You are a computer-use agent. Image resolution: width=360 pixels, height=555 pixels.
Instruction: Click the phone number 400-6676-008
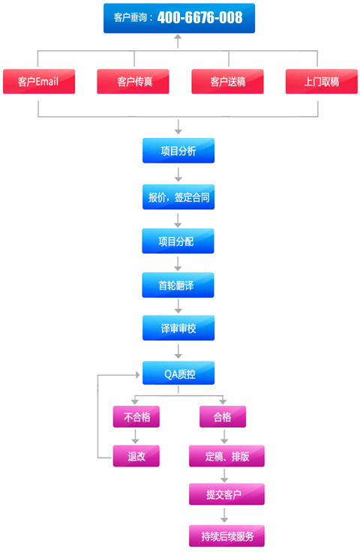pos(199,17)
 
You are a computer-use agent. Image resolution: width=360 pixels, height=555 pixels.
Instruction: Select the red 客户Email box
pos(38,82)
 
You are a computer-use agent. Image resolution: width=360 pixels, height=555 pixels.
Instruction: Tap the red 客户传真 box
pos(133,82)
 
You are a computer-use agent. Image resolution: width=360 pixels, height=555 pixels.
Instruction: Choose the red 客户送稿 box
pos(228,82)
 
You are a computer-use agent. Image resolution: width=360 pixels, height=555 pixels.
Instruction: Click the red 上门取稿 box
pos(322,82)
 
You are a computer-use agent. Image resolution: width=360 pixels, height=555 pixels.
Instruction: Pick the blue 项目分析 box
pos(178,151)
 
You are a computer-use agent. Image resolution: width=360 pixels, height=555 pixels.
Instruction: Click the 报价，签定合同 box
pos(178,198)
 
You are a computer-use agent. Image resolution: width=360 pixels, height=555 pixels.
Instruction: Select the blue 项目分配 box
pos(178,241)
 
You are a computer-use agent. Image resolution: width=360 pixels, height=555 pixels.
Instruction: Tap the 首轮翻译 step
pos(178,285)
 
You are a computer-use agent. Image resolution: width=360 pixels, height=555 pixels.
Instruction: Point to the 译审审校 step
pos(178,328)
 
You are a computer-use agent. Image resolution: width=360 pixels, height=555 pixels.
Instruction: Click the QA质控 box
pos(178,373)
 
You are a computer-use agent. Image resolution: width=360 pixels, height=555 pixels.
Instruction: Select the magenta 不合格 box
pos(136,417)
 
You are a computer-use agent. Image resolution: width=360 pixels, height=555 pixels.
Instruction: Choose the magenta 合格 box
pos(223,417)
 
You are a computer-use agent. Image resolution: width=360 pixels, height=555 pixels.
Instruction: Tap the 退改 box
pos(136,456)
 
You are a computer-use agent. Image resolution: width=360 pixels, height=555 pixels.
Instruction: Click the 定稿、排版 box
pos(226,456)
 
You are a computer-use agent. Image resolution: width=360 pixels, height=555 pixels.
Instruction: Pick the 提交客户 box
pos(226,494)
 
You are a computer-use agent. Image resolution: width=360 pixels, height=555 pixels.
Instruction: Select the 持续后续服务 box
pos(226,535)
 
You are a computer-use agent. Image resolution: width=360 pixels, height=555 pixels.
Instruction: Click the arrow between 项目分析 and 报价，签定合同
pos(178,174)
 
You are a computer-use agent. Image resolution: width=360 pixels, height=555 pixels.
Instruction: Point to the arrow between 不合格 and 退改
pos(136,436)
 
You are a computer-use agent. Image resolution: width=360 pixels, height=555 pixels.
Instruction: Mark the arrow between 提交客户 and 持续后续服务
pos(223,515)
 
